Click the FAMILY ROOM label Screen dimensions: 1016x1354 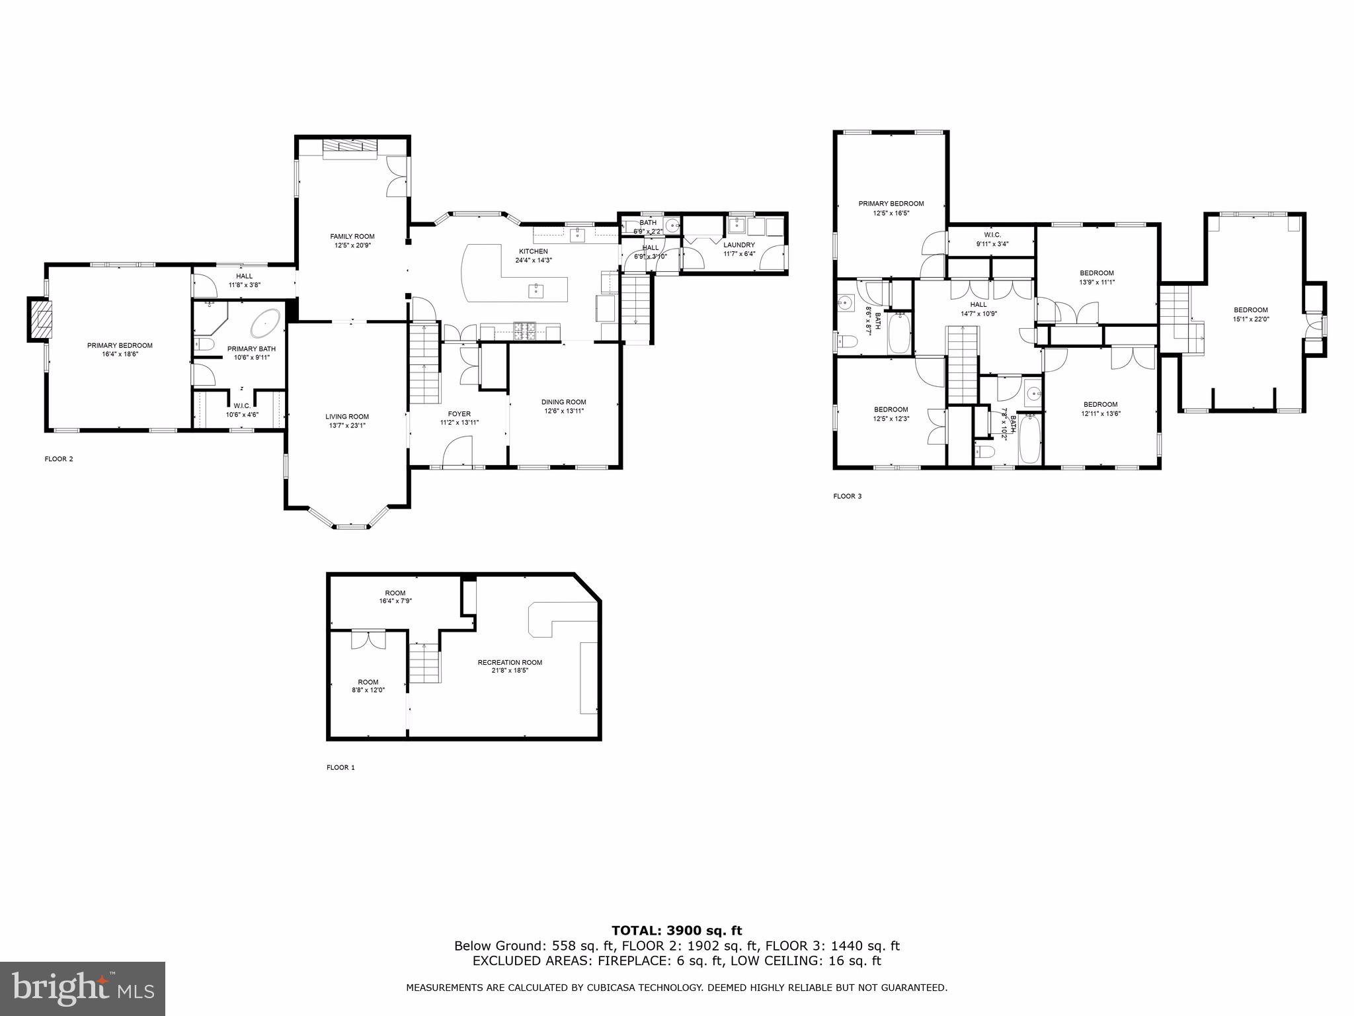[x=352, y=236]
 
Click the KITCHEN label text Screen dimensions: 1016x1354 [x=533, y=251]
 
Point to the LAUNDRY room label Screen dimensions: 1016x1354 [x=738, y=245]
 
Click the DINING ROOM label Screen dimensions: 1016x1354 [x=563, y=402]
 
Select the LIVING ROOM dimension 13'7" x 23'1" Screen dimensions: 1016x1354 [x=347, y=425]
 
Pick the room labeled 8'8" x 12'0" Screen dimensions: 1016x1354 [x=368, y=686]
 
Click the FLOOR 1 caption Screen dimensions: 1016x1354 [x=340, y=767]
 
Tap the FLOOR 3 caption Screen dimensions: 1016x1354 [x=847, y=496]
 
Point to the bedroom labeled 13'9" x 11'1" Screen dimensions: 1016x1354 [x=1097, y=277]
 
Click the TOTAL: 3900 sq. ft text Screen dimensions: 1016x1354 [x=676, y=931]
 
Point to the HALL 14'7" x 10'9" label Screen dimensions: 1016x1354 [x=978, y=309]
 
